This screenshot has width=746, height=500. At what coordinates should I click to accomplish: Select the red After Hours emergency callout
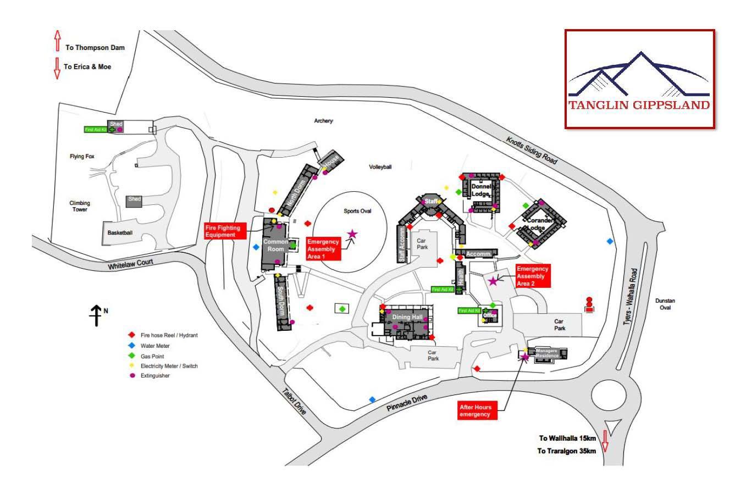click(476, 410)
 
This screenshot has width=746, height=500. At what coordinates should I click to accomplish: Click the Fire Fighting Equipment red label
click(223, 231)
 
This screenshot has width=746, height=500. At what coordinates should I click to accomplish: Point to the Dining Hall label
click(407, 318)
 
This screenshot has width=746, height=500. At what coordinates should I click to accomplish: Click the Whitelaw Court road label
click(130, 264)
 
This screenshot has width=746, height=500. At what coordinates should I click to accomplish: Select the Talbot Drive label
click(294, 401)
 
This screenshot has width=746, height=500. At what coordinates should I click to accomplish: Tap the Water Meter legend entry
click(155, 346)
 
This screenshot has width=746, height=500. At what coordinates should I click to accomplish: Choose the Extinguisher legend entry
click(155, 376)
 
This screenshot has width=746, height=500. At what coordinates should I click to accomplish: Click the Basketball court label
click(120, 233)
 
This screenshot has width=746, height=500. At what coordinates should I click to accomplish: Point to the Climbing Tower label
click(80, 206)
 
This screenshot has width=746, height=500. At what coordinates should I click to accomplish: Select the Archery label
click(323, 121)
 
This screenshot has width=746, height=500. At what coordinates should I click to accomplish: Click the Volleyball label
click(380, 167)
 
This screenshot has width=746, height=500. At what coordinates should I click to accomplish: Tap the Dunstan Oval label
click(665, 304)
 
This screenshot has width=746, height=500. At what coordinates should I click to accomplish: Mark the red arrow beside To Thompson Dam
click(57, 42)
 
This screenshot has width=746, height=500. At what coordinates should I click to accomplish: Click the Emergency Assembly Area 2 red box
click(532, 276)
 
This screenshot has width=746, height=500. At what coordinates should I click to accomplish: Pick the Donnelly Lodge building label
click(481, 190)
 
